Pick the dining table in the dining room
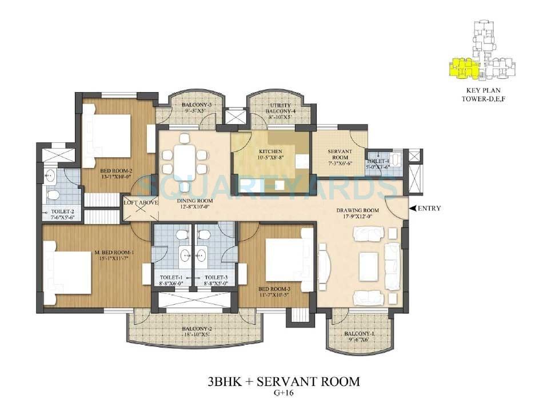(x=185, y=155)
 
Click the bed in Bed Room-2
(x=109, y=139)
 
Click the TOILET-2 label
(x=58, y=214)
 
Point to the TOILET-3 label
(x=215, y=280)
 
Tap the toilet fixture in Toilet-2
(x=54, y=194)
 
